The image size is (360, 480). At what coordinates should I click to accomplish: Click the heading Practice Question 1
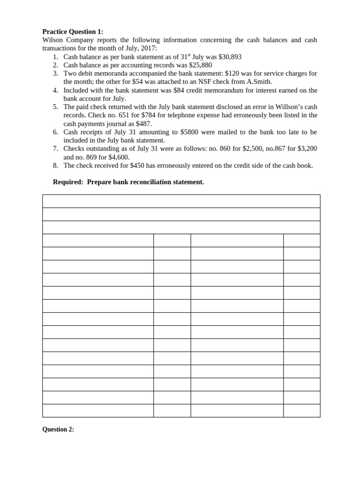pyautogui.click(x=73, y=32)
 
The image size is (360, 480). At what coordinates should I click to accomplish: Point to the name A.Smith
pyautogui.click(x=258, y=82)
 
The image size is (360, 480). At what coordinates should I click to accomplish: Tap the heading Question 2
pyautogui.click(x=58, y=429)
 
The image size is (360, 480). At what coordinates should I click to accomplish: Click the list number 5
pyautogui.click(x=55, y=107)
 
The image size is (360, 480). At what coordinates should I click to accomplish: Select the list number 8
pyautogui.click(x=55, y=165)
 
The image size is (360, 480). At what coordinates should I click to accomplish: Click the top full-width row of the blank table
pyautogui.click(x=181, y=201)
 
